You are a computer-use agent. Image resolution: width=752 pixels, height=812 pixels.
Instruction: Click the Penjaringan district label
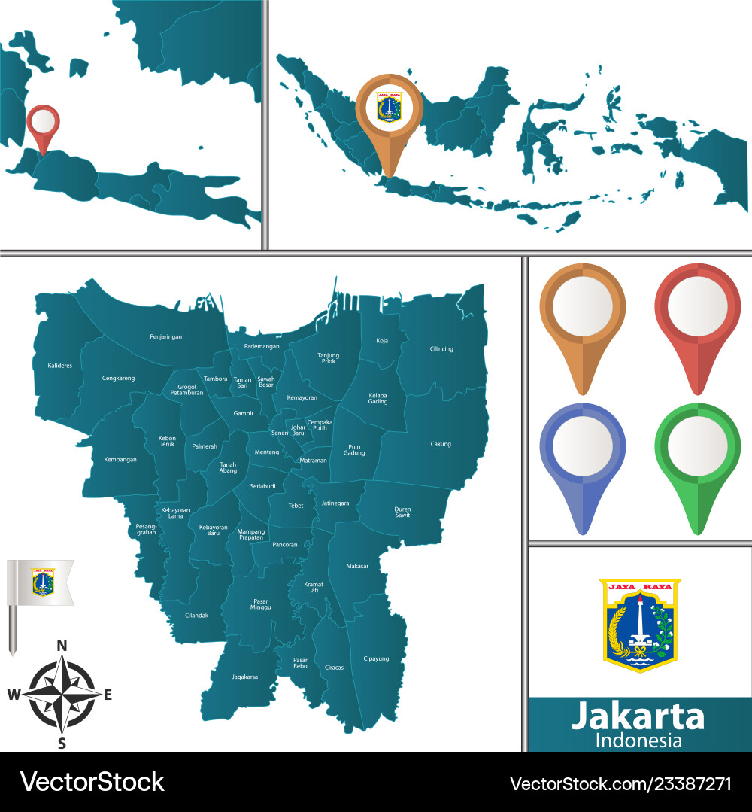(165, 336)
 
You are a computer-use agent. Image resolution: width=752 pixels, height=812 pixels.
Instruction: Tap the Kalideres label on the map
(59, 365)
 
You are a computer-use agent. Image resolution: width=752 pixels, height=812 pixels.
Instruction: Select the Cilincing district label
(441, 349)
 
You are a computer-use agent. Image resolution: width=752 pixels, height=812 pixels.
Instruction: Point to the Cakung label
(441, 444)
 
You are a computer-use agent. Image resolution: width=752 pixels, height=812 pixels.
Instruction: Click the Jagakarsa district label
(244, 677)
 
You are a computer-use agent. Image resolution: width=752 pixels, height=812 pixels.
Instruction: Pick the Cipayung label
(376, 658)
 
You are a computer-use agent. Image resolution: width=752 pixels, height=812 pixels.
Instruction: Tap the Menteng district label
(267, 452)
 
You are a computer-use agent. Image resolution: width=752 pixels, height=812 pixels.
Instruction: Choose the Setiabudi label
(263, 486)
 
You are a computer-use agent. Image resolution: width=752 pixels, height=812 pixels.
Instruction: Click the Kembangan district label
(120, 459)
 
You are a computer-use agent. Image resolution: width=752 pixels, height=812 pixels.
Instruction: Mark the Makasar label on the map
(357, 566)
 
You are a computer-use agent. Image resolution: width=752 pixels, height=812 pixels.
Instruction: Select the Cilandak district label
(196, 615)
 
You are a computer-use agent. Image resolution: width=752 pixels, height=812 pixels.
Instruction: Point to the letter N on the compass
(62, 645)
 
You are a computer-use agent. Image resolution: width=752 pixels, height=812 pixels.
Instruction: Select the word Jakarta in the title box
(638, 716)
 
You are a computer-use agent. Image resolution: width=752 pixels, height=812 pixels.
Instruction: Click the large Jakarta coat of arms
(639, 625)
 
